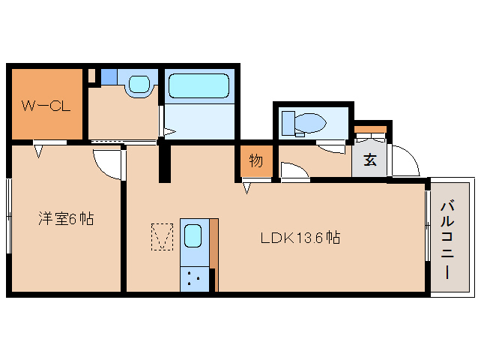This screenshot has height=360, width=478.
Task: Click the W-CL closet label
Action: tap(46, 106)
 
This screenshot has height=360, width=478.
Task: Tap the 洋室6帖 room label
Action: tap(66, 219)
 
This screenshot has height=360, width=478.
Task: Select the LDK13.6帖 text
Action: tap(300, 238)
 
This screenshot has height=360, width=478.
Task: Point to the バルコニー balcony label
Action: tap(447, 239)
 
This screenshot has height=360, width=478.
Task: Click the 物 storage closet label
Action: tap(255, 160)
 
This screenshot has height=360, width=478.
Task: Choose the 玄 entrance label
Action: tap(370, 160)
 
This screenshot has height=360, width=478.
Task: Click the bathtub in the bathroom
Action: tap(199, 85)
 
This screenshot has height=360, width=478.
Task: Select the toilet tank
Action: tap(288, 123)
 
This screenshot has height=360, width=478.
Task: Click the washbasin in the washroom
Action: tap(139, 84)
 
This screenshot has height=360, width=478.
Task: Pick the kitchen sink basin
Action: tap(193, 235)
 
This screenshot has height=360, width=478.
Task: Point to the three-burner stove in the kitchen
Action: tap(195, 279)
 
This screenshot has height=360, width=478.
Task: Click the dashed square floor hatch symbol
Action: tap(162, 237)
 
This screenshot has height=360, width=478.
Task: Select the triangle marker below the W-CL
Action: tap(38, 151)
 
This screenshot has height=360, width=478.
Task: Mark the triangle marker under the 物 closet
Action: tap(246, 188)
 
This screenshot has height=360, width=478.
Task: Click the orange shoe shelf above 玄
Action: tap(370, 129)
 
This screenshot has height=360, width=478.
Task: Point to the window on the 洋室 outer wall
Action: tap(9, 216)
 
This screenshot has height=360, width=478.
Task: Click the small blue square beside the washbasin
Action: tap(109, 77)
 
